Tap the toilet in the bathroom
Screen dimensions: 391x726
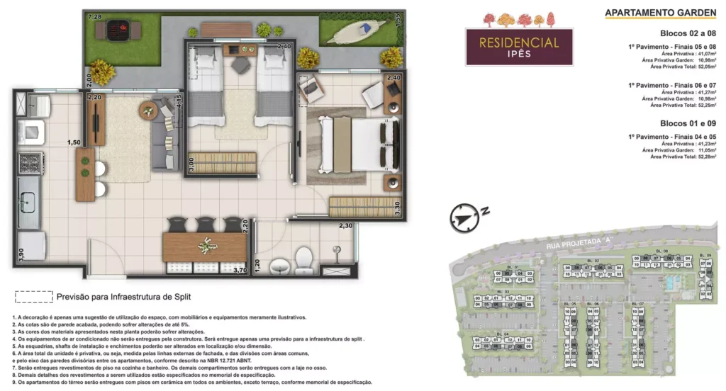tap(303, 260)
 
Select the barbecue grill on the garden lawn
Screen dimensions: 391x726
tap(118, 30)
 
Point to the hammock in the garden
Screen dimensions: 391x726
tap(357, 30)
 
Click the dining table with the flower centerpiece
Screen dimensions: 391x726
tap(205, 246)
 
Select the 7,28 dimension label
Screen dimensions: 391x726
tap(94, 16)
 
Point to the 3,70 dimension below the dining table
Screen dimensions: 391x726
tap(239, 269)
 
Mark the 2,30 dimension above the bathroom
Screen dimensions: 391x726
tap(345, 225)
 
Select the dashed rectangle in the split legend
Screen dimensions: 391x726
tap(34, 297)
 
